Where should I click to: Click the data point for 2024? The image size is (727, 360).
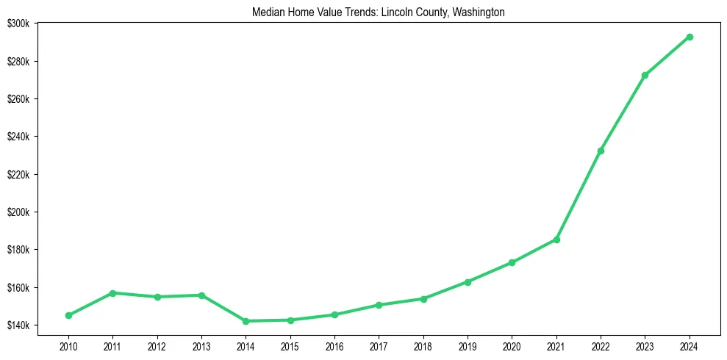tap(690, 37)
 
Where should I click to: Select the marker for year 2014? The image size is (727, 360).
tap(246, 321)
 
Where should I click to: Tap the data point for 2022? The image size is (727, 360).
tap(601, 151)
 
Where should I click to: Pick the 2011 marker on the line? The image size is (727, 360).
tap(112, 293)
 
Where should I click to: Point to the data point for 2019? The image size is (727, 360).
tap(468, 281)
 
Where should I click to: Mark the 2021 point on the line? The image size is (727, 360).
tap(556, 240)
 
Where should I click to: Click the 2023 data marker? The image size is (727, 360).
tap(645, 75)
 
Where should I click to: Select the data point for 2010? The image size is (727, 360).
tap(68, 315)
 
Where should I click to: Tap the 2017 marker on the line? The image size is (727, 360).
tap(379, 305)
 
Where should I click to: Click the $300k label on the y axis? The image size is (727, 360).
tap(18, 24)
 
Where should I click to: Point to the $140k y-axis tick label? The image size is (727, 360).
tap(18, 325)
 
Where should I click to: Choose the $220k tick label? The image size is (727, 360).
tap(18, 174)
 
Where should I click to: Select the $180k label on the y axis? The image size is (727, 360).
tap(18, 250)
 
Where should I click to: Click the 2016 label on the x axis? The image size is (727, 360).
tap(334, 345)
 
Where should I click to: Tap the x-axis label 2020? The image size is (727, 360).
tap(512, 345)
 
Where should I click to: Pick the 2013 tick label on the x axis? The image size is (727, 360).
tap(201, 345)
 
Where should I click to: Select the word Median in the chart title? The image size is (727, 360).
tap(266, 12)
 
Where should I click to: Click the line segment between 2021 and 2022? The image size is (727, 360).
tap(579, 195)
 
